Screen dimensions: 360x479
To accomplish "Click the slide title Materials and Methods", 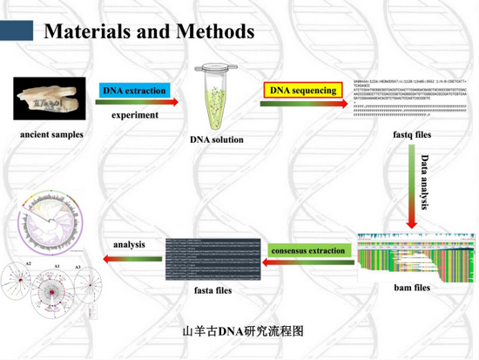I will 149,31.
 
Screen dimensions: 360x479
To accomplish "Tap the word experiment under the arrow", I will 134,114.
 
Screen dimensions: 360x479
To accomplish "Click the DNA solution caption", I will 217,139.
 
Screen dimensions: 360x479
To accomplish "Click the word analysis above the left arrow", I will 129,244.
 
